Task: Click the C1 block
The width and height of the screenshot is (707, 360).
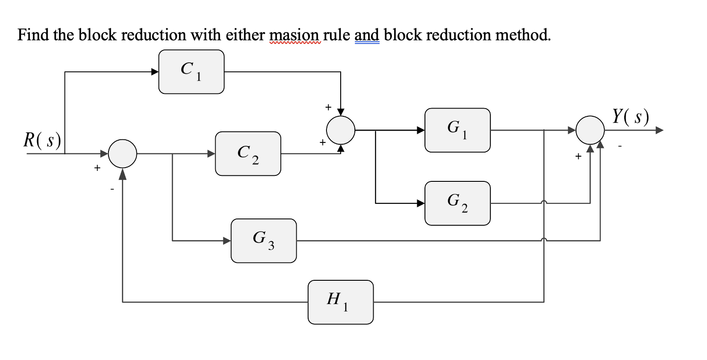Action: tap(191, 72)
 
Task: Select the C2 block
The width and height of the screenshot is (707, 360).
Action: tap(248, 154)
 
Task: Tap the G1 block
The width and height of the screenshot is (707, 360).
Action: tap(457, 130)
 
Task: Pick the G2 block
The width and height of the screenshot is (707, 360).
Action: tap(457, 203)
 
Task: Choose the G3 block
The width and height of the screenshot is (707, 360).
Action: tap(264, 240)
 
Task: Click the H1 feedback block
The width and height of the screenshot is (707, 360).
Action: tap(341, 302)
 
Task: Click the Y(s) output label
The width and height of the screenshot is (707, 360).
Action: tap(631, 117)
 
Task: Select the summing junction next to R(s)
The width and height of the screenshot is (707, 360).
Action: tap(122, 154)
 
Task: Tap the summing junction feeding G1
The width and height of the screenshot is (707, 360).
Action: tap(341, 130)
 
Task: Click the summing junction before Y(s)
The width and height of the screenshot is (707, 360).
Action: tap(590, 130)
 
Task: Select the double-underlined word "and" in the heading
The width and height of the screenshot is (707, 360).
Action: tap(367, 35)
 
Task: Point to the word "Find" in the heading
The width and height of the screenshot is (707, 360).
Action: tap(33, 35)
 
